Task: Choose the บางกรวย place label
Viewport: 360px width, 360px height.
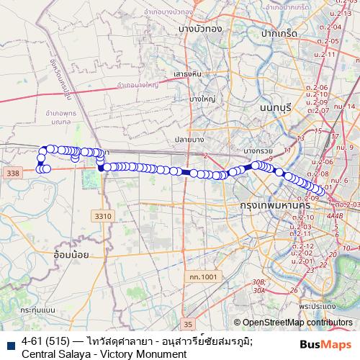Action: pyautogui.click(x=260, y=150)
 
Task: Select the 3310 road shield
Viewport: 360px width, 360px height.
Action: pyautogui.click(x=103, y=215)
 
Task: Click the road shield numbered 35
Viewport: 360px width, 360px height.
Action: pyautogui.click(x=189, y=323)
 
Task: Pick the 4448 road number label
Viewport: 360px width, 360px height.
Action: pyautogui.click(x=334, y=215)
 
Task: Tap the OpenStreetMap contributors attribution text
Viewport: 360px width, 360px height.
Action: pyautogui.click(x=297, y=323)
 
